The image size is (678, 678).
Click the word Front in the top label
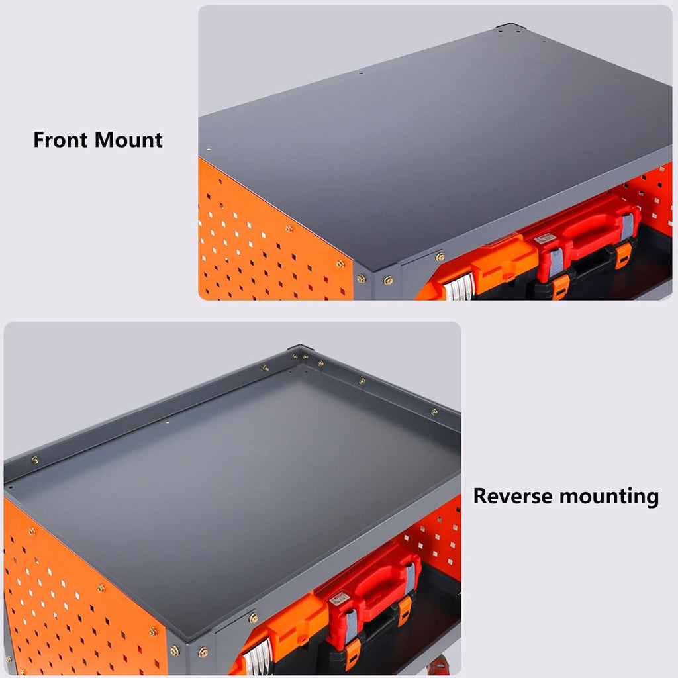[60, 140]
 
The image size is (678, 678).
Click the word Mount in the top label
[128, 140]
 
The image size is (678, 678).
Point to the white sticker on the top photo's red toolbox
[545, 238]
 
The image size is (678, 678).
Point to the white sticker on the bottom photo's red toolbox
[339, 599]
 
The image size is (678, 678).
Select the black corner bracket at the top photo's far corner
[511, 26]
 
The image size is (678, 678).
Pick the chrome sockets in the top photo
[460, 287]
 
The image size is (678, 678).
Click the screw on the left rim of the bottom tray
[35, 460]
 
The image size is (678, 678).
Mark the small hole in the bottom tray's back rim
[168, 422]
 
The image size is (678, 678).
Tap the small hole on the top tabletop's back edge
[361, 73]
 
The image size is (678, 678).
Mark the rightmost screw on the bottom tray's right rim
[434, 412]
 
